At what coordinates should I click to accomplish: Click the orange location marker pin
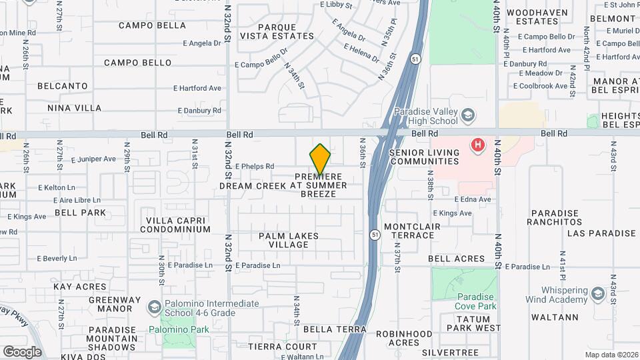(320, 159)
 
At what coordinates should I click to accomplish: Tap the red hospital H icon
(477, 144)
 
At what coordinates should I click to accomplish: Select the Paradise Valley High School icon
(469, 117)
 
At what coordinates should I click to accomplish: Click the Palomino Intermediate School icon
(155, 307)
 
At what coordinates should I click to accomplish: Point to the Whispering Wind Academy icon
(598, 293)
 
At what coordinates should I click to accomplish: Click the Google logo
(22, 351)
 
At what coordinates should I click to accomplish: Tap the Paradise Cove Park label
(477, 301)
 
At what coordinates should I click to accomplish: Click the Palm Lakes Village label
(289, 240)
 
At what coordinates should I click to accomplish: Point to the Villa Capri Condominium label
(178, 225)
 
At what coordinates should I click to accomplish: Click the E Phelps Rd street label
(253, 167)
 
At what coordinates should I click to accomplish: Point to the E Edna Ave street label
(473, 199)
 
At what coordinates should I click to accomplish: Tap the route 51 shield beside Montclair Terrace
(375, 235)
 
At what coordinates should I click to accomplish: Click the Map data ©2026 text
(610, 355)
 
